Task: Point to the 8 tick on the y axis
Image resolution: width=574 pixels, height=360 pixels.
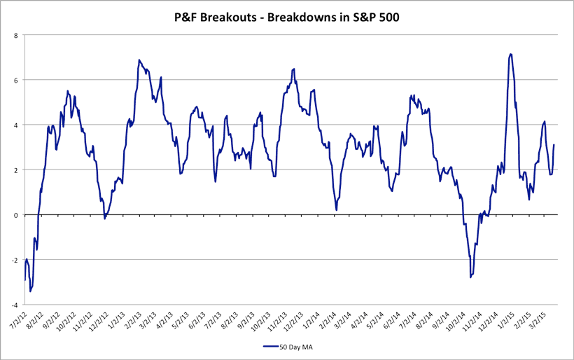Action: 17,34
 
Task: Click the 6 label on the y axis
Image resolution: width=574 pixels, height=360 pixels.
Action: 17,80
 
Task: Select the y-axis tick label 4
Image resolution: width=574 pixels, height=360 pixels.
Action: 17,125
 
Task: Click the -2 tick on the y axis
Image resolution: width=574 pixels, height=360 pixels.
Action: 16,260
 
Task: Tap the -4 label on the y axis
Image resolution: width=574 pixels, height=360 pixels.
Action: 16,305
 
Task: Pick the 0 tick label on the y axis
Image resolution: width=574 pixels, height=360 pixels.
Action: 17,215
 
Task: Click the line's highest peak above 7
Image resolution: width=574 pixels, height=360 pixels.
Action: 511,54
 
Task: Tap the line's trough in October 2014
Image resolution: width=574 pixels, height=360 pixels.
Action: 470,277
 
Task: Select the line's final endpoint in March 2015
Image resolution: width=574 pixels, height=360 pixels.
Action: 554,145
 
